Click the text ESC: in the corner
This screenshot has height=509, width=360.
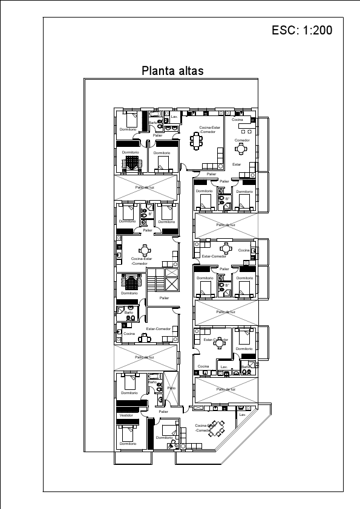pos(285,31)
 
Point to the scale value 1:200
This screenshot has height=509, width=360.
pos(315,31)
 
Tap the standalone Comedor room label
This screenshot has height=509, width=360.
pos(242,140)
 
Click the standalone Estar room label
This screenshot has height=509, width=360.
pos(237,164)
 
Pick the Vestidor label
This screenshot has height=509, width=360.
pos(126,415)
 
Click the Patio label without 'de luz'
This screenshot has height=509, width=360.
pos(171,388)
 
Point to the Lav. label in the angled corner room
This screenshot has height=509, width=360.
pos(243,415)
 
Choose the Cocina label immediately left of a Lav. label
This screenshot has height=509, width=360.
pos(203,366)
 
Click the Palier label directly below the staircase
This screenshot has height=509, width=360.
pos(164,298)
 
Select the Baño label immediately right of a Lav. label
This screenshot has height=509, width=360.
pos(246,366)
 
